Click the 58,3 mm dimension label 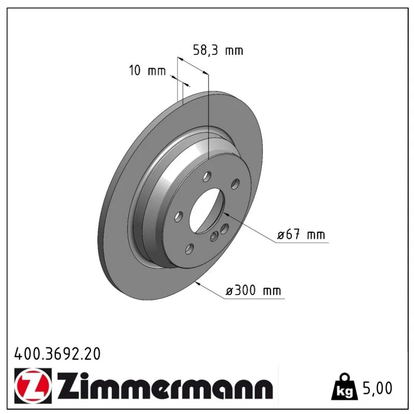click(x=218, y=50)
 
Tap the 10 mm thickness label click(x=147, y=70)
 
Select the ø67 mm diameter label click(x=301, y=234)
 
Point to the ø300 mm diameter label click(x=254, y=290)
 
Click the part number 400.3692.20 click(x=57, y=354)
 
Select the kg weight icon click(x=345, y=386)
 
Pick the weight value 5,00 click(x=378, y=388)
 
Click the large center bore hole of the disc click(x=206, y=211)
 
